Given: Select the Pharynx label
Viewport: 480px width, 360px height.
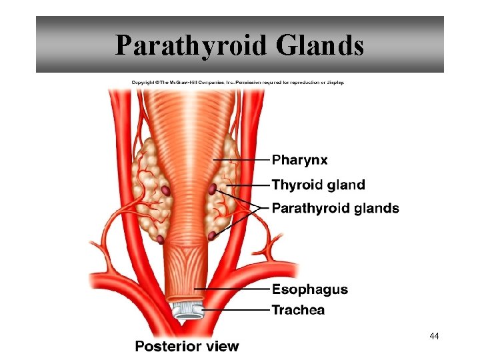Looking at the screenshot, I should coord(300,160).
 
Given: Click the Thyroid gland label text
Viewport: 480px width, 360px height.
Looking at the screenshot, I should coord(319,185).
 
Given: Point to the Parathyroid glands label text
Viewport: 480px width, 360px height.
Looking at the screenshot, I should coord(335,208).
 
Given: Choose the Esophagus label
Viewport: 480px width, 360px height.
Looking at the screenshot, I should coord(310,289).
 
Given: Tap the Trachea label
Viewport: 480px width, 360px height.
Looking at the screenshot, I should coord(298,309).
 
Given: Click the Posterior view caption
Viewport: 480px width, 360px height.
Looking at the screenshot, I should coord(187,346).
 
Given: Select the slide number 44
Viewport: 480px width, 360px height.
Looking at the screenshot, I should coord(435,336).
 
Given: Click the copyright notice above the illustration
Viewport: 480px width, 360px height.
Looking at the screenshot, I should coord(238,82).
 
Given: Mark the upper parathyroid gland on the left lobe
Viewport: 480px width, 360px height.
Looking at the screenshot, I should coord(165,191).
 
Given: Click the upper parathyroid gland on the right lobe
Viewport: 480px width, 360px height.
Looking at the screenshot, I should coord(213,189).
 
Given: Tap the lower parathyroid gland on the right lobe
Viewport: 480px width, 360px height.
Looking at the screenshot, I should coord(211,235).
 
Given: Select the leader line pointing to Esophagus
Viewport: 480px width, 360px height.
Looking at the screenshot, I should coord(233,289).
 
